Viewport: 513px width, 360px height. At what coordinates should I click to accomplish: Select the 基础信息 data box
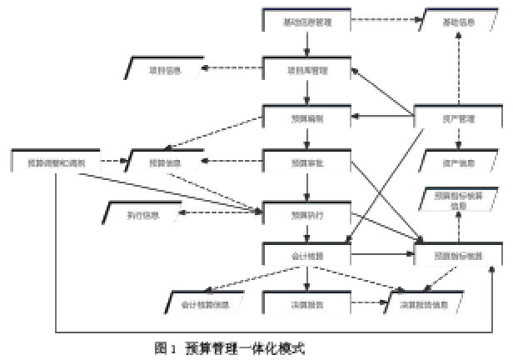(x=455, y=21)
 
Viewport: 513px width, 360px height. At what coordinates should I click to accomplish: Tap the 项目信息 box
(x=163, y=70)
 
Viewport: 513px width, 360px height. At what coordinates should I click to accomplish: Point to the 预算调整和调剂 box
(x=57, y=162)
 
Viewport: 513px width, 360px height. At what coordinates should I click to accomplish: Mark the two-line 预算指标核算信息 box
(x=455, y=200)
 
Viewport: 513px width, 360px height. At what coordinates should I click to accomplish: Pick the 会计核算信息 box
(x=203, y=304)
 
